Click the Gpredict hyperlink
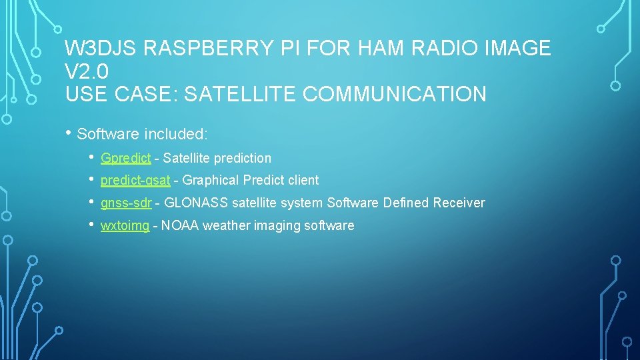coord(125,159)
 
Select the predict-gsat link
coord(135,181)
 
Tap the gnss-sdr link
coord(126,203)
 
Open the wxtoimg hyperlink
coord(125,226)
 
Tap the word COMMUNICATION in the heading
coord(395,94)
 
